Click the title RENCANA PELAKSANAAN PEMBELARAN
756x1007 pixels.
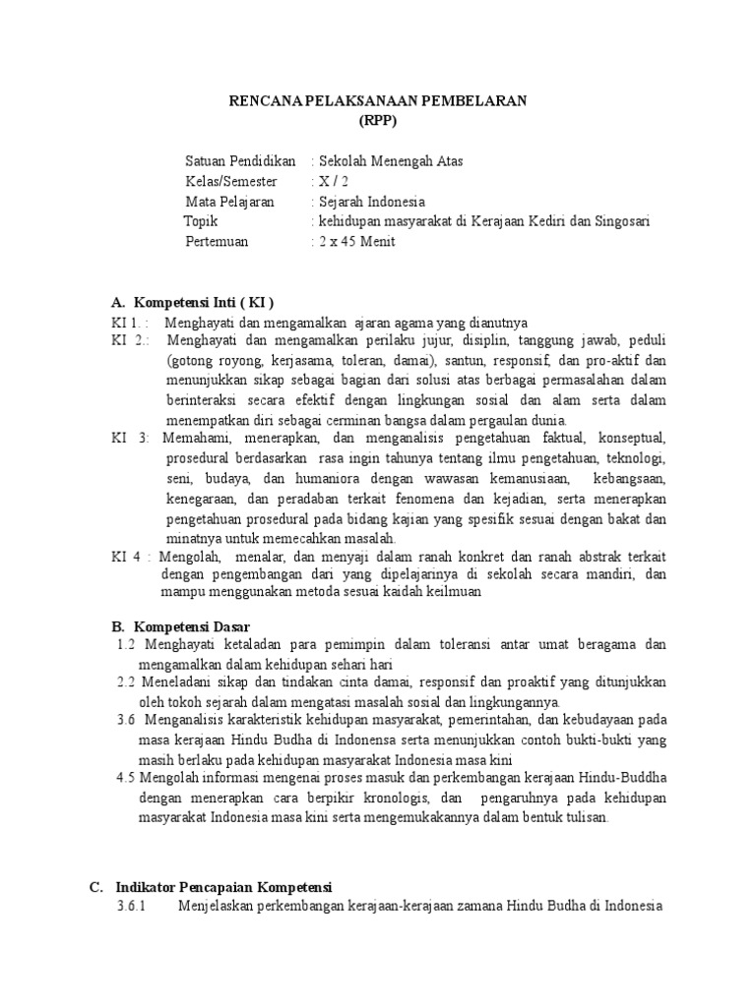(x=378, y=100)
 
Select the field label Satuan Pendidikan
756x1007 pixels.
(x=240, y=160)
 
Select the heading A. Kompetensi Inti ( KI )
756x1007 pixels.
(x=193, y=301)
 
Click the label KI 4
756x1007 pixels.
(x=128, y=556)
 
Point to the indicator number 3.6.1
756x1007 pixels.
(x=131, y=906)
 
